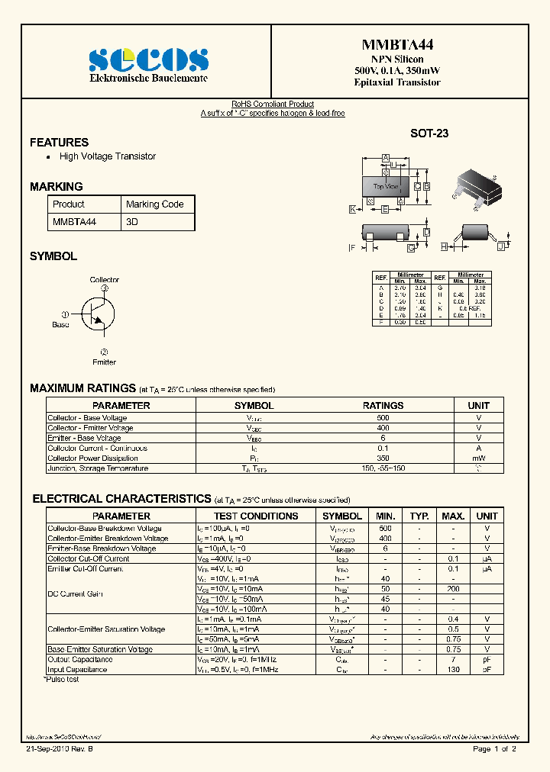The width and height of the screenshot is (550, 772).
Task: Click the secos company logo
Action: pos(148,60)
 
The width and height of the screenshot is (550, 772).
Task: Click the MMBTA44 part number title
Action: pos(396,45)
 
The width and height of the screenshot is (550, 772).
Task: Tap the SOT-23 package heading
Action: pos(429,133)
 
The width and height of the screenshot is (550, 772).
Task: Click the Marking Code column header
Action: pos(154,204)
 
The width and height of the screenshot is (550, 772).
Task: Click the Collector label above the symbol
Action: pos(105,280)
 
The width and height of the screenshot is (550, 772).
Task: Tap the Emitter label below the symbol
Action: pos(104,362)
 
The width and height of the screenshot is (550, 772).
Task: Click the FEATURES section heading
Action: pos(59,142)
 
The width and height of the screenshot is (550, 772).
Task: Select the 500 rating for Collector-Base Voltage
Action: pos(383,418)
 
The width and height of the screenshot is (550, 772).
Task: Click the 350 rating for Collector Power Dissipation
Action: pos(383,458)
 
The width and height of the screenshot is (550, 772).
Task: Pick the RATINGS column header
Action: pos(383,406)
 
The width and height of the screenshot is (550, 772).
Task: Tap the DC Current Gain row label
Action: pos(75,594)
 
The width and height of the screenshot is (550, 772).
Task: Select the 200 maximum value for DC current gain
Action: pos(453,590)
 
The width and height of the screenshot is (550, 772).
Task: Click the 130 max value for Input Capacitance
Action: pos(453,670)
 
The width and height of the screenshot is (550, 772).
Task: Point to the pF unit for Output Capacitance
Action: pos(487,659)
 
